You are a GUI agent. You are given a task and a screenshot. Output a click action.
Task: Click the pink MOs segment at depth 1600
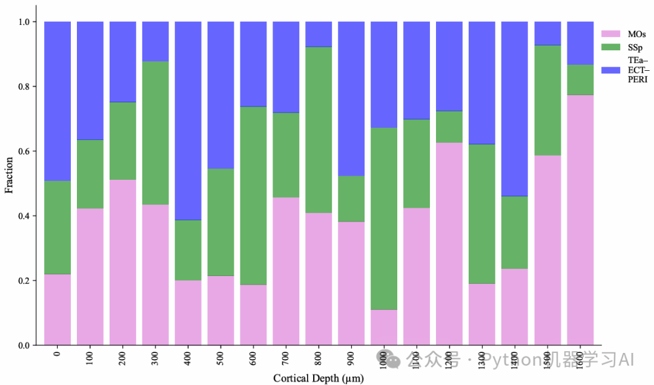580,220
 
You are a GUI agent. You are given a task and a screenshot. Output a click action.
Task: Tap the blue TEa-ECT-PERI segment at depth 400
188,120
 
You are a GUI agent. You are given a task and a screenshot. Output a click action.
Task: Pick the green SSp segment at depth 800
319,130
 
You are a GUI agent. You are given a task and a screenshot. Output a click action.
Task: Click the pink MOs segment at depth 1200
449,243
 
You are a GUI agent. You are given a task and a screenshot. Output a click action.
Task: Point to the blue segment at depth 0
58,101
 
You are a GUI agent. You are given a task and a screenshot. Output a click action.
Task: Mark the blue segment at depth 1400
515,108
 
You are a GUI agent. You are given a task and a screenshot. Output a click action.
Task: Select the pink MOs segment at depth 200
122,262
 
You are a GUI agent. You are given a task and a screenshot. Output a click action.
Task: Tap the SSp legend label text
636,47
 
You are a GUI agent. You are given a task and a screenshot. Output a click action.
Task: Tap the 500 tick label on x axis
221,354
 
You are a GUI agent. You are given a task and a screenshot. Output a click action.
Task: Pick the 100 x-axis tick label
90,354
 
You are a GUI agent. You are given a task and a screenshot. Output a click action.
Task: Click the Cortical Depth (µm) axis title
319,378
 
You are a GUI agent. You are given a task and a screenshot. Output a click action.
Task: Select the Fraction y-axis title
9,176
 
